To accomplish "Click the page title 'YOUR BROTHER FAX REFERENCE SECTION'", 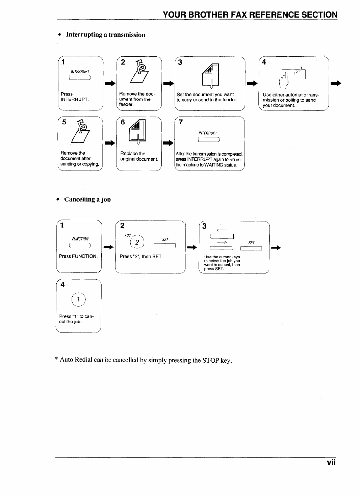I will (x=250, y=15).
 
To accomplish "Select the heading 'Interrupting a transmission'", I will (x=105, y=35).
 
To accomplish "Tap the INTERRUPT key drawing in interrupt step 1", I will (x=80, y=78).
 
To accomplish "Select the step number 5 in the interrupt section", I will (x=64, y=122).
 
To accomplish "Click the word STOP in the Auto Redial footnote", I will (x=211, y=360).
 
